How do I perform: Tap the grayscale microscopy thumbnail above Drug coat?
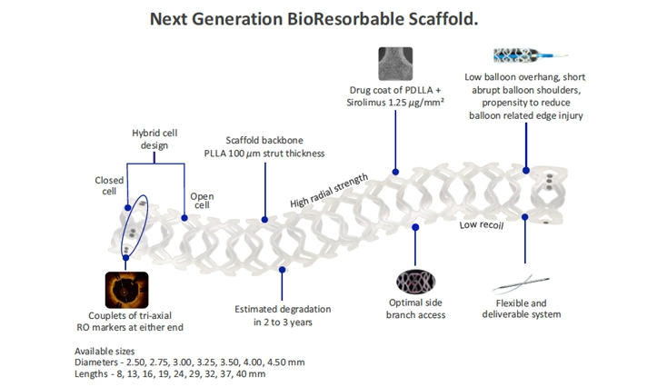395,64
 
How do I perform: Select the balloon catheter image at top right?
526,55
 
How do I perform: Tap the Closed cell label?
109,186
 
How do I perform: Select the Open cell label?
201,200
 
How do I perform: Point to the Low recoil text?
481,223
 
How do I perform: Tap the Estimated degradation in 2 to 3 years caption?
282,315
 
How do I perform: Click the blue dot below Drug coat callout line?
394,171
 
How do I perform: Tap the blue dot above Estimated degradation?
282,270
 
